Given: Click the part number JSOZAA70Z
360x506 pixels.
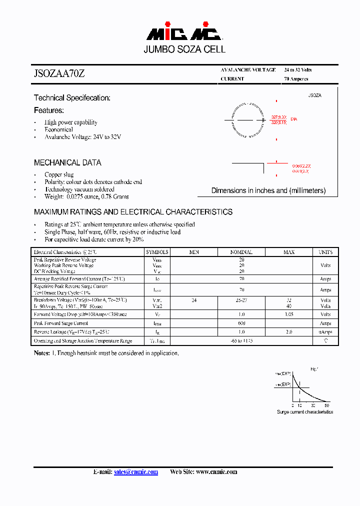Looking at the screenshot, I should coord(59,73).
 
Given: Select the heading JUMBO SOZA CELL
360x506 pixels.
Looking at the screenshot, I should coord(184,49).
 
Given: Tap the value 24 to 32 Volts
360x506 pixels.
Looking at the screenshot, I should coord(298,70).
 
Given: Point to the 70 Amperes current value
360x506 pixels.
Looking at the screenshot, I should coord(296,79).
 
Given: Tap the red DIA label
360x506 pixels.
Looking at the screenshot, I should coord(293,119).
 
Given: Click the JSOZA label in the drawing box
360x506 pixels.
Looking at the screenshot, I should coord(314,95).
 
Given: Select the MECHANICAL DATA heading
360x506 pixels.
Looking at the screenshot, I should coord(67,162).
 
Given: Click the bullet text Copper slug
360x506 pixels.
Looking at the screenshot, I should coord(59,174).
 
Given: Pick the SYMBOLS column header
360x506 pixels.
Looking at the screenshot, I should coord(157,252).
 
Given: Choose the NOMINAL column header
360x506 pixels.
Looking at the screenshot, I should coord(241,252).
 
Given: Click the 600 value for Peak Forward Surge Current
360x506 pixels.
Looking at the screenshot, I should coord(241,323).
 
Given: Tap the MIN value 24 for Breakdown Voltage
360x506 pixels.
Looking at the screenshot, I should coord(194,300).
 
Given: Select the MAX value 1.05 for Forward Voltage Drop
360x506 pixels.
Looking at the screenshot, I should coord(289,314).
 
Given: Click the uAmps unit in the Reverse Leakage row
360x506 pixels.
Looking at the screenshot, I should coord(325,332).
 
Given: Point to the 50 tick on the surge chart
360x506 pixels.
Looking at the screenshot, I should coord(327,405).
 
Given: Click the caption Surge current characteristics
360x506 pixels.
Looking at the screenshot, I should coord(305,412).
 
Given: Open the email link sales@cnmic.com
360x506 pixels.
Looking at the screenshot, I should coord(136,472).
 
